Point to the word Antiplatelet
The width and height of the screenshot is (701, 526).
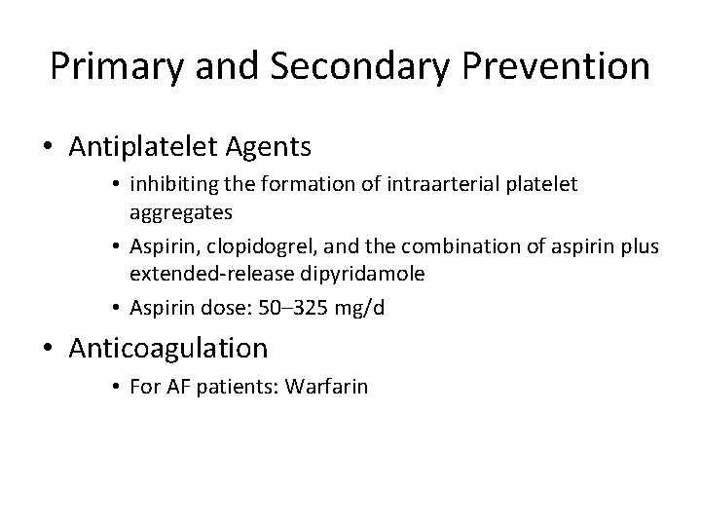click(x=145, y=147)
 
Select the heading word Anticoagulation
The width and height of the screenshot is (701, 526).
click(x=168, y=349)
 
